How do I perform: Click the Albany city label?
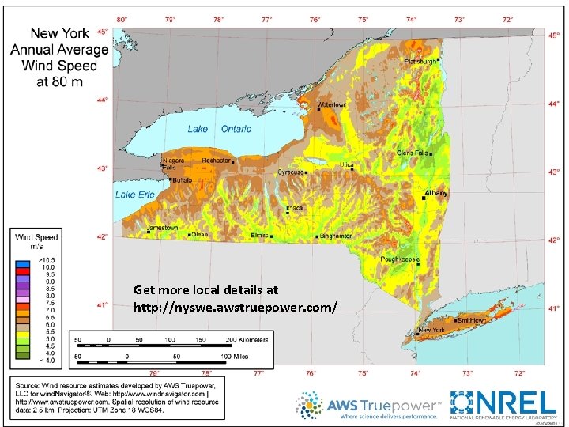click(x=436, y=193)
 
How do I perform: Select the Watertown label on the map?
click(x=332, y=104)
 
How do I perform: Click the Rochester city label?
click(x=216, y=161)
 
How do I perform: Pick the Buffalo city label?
click(x=182, y=180)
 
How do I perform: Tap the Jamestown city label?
click(x=163, y=229)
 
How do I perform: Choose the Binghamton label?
click(x=336, y=236)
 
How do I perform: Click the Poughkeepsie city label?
click(x=401, y=259)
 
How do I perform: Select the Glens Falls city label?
click(x=412, y=153)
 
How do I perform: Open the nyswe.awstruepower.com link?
click(x=236, y=305)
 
